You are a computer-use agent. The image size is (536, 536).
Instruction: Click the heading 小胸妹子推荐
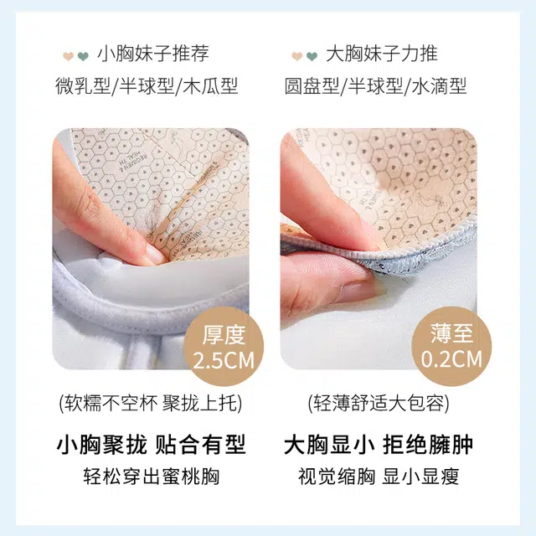(152, 54)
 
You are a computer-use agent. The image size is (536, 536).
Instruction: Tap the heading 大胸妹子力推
(382, 54)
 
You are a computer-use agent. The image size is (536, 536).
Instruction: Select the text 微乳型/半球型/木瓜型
(147, 85)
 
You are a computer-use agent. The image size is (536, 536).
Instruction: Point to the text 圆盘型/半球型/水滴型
(375, 85)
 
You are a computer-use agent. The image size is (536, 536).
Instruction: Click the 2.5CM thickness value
(224, 360)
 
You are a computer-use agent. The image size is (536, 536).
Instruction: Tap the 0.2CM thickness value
(451, 359)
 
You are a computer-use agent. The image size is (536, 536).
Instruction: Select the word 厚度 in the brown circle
(224, 335)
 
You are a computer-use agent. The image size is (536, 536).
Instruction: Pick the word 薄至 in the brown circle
(451, 333)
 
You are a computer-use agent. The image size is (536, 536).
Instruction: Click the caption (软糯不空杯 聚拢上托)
(151, 404)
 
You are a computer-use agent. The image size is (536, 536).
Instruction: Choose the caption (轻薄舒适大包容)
(379, 404)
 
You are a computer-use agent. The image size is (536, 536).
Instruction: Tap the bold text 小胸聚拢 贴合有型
(151, 445)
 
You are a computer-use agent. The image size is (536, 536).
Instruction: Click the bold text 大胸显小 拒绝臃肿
(379, 445)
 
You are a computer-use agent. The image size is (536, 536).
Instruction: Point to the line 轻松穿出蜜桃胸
(151, 477)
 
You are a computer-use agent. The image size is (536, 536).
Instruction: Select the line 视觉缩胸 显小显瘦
(379, 477)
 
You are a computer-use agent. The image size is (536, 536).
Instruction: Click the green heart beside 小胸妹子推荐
(83, 56)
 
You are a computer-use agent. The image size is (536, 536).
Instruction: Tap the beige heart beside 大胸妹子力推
(296, 56)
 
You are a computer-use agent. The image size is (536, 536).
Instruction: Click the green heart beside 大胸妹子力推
(312, 56)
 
